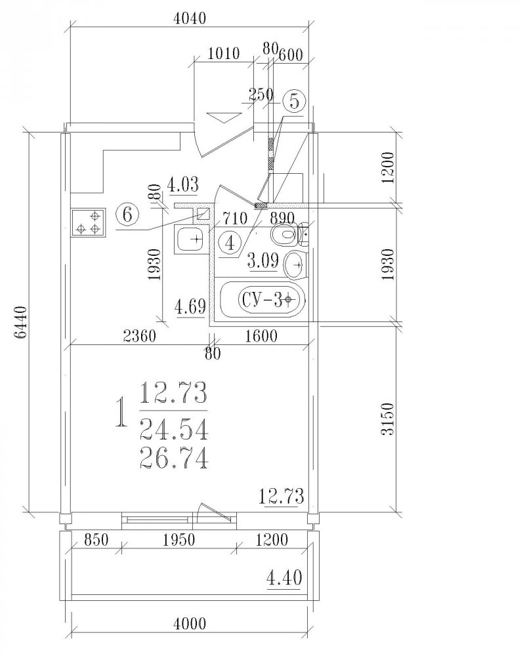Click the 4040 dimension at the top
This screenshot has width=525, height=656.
(189, 18)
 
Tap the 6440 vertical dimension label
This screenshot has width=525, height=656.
(20, 322)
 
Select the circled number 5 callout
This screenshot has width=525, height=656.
(295, 101)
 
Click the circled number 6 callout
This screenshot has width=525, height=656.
(128, 215)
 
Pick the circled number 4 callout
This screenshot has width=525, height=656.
(231, 243)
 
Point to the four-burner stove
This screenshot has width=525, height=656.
(89, 222)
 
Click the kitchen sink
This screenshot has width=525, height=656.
(192, 239)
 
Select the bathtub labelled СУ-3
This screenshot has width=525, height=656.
(262, 300)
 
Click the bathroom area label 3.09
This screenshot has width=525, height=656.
(263, 261)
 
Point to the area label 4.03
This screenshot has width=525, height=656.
(182, 184)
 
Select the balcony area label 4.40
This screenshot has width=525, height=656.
(284, 578)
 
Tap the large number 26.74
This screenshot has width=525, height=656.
(174, 458)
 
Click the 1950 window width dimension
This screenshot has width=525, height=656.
(179, 540)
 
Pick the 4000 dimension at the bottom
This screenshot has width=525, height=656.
(189, 624)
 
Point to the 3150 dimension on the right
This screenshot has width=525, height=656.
(388, 419)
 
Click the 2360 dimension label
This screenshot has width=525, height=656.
(140, 336)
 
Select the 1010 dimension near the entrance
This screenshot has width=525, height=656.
(224, 54)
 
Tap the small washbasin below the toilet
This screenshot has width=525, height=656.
(296, 265)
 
